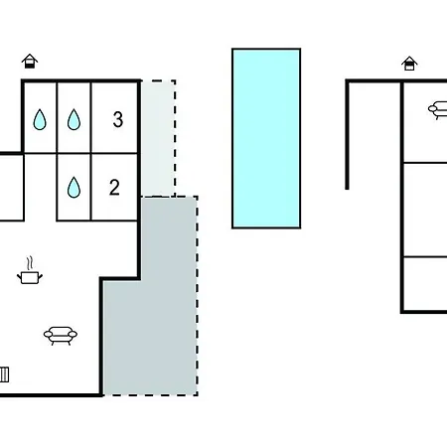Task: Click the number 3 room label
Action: coord(118,119)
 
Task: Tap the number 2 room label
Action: coord(114,188)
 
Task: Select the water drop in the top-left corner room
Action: coord(40,119)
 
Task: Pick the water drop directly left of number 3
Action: coord(74,119)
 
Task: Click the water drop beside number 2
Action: coord(74,188)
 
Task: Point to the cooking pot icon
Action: coord(30,277)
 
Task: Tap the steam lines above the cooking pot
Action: coord(30,263)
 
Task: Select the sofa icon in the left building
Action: coord(61,336)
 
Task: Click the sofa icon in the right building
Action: coord(438,110)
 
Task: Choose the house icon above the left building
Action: coord(30,62)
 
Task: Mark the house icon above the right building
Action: coord(409,64)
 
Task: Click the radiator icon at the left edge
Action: coord(4,374)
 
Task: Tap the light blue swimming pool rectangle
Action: coord(266,138)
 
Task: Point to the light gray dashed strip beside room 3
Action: coord(158,138)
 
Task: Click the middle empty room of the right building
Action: coord(425,210)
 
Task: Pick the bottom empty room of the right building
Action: coord(425,284)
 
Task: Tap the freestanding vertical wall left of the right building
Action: coord(347,135)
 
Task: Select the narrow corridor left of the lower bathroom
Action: coord(41,187)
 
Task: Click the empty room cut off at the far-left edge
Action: coord(11,188)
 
